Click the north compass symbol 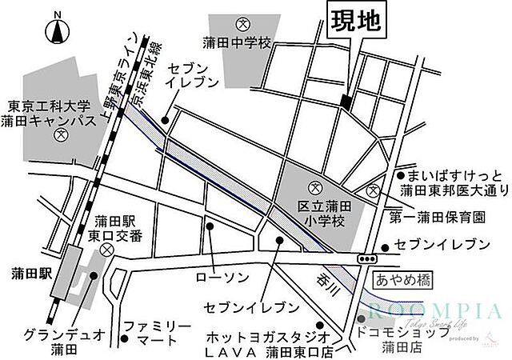(57, 31)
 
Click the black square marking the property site (346, 102)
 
